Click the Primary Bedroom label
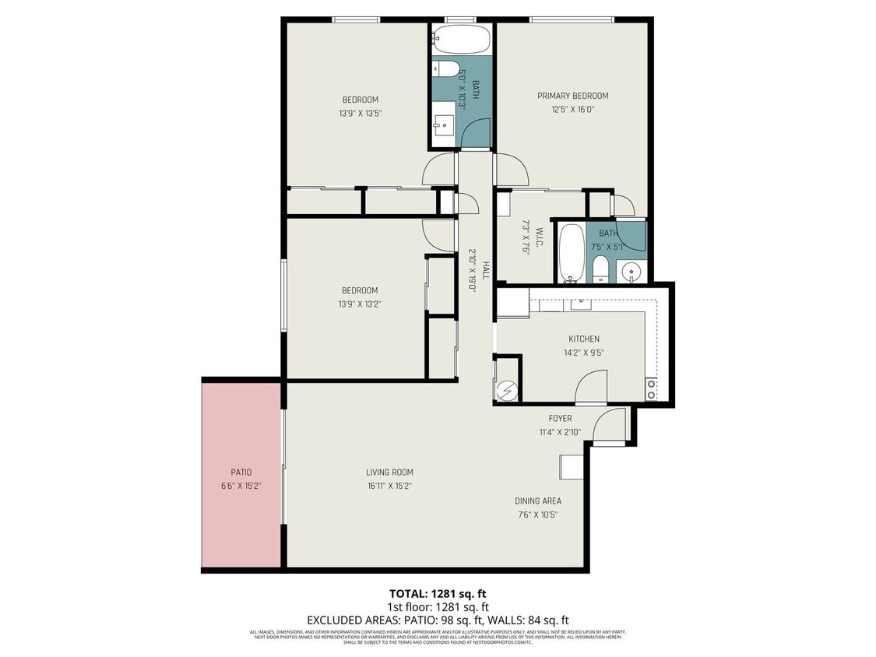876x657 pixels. click(x=572, y=96)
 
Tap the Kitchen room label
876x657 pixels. click(x=583, y=339)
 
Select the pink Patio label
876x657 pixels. click(x=241, y=472)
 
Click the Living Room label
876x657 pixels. click(x=389, y=472)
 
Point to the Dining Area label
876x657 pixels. click(x=537, y=501)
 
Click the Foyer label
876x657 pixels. click(x=560, y=419)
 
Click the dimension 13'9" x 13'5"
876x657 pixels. click(x=360, y=113)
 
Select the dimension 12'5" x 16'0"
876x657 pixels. click(x=572, y=110)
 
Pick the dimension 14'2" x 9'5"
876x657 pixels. click(x=583, y=353)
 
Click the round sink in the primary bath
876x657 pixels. click(x=631, y=272)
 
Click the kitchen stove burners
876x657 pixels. click(x=651, y=388)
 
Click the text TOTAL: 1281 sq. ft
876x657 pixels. click(x=438, y=593)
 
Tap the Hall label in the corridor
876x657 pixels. click(x=485, y=270)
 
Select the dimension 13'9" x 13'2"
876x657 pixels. click(x=360, y=304)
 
